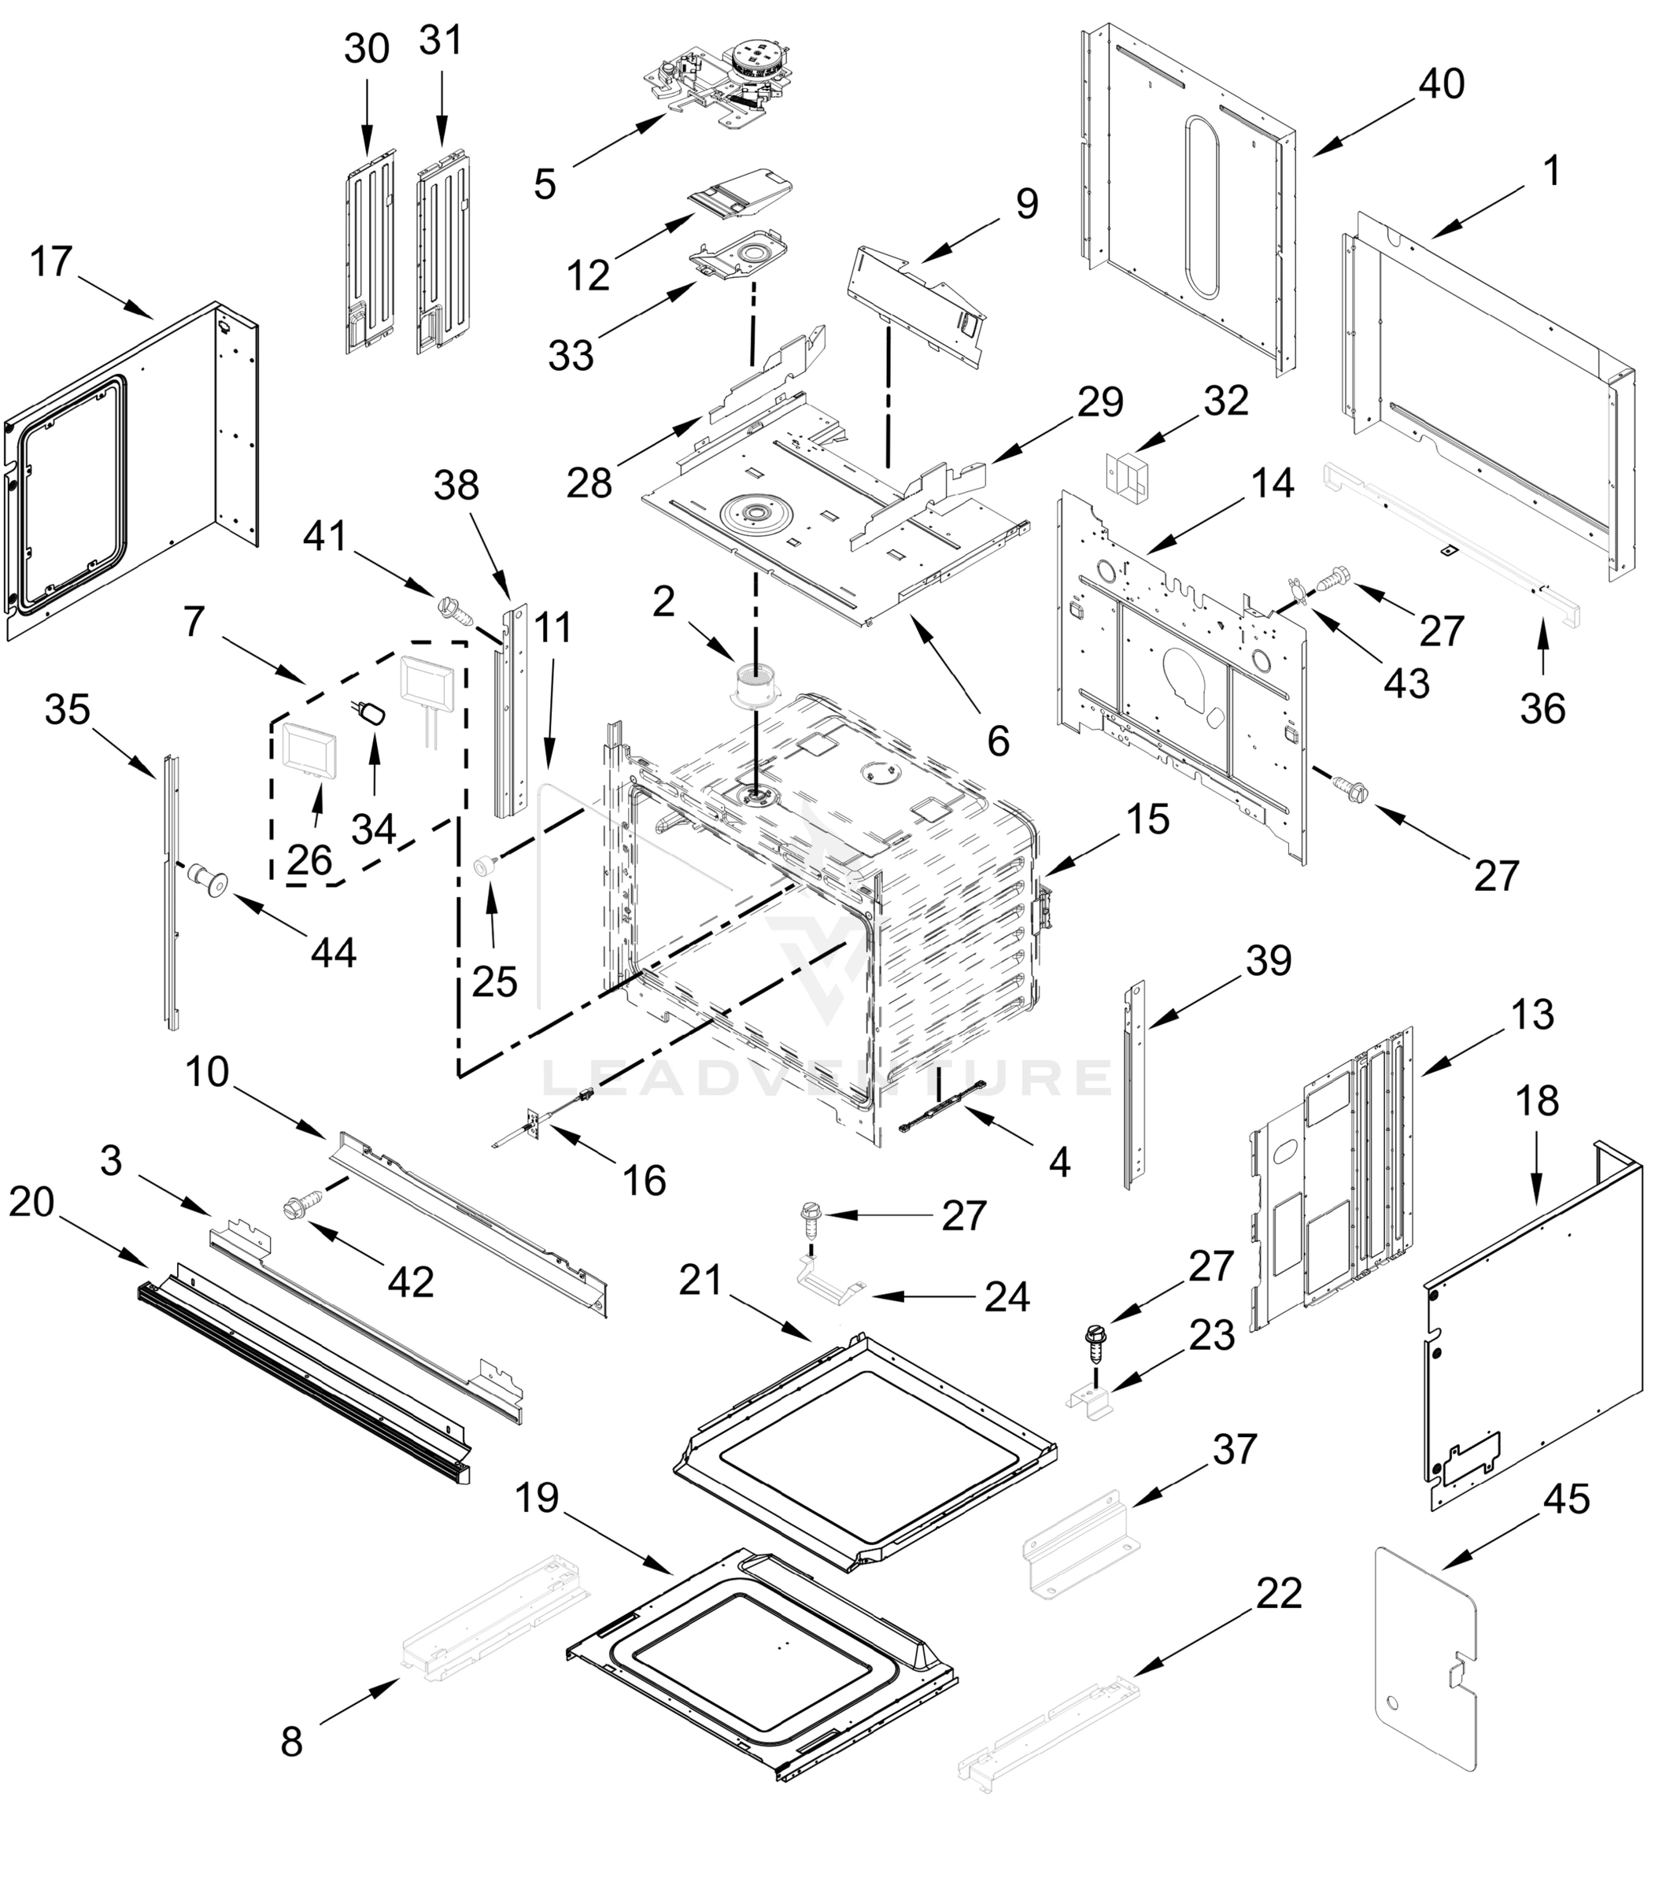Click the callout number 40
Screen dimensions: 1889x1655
coord(1441,84)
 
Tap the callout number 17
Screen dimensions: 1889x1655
coord(51,261)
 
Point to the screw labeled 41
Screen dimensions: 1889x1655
coord(453,608)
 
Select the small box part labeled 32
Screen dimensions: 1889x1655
coord(1126,472)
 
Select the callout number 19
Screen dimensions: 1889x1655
coord(537,1497)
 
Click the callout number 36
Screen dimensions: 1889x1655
coord(1542,708)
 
